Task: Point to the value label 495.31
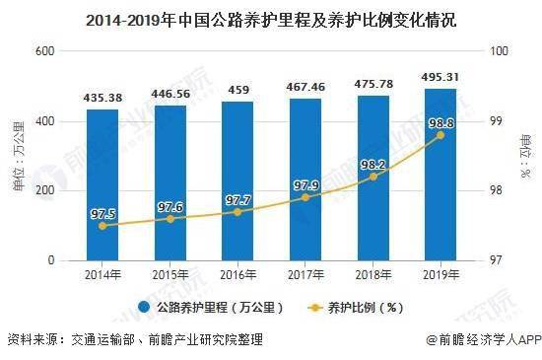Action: pyautogui.click(x=440, y=78)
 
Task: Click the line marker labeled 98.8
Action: pyautogui.click(x=440, y=134)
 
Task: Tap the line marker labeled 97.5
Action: pyautogui.click(x=102, y=226)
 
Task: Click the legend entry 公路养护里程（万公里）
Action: pyautogui.click(x=210, y=307)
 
